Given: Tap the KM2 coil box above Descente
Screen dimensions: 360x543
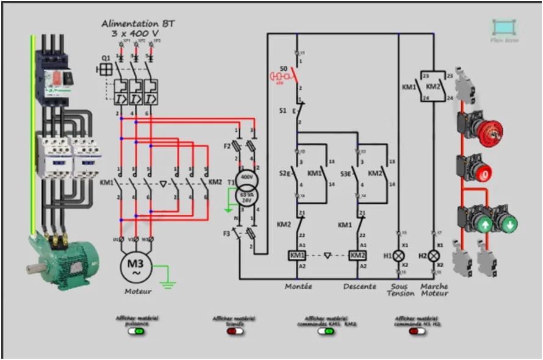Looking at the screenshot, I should coord(358,255).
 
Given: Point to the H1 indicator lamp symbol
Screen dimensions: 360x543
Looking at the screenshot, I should coord(398,255).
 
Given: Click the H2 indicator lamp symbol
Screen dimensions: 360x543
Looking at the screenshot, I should coord(434,255).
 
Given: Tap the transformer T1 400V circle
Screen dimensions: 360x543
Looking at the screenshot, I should coord(246,178).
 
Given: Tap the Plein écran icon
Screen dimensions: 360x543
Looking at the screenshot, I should coord(504,27).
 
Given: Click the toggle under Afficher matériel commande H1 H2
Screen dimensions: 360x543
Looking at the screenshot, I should coord(418,331).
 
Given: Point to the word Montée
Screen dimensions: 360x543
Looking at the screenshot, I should coord(298,286).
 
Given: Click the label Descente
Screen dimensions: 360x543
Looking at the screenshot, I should coord(359,286).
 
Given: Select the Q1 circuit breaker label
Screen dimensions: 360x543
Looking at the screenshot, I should coord(106,58).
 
